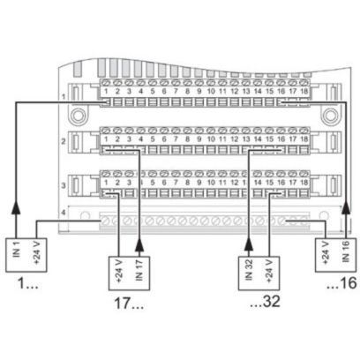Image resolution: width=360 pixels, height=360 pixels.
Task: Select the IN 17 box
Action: (139, 269)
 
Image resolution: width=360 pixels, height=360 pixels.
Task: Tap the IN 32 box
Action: (249, 269)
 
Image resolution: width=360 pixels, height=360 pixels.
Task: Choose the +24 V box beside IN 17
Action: (119, 269)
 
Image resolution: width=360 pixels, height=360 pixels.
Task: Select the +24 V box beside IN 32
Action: (269, 269)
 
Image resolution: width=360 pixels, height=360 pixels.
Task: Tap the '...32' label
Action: (264, 304)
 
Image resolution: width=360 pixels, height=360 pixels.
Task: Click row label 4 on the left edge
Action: (63, 214)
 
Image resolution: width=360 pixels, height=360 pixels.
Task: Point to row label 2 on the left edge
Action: (63, 140)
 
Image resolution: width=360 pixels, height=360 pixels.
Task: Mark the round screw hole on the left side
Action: (78, 114)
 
